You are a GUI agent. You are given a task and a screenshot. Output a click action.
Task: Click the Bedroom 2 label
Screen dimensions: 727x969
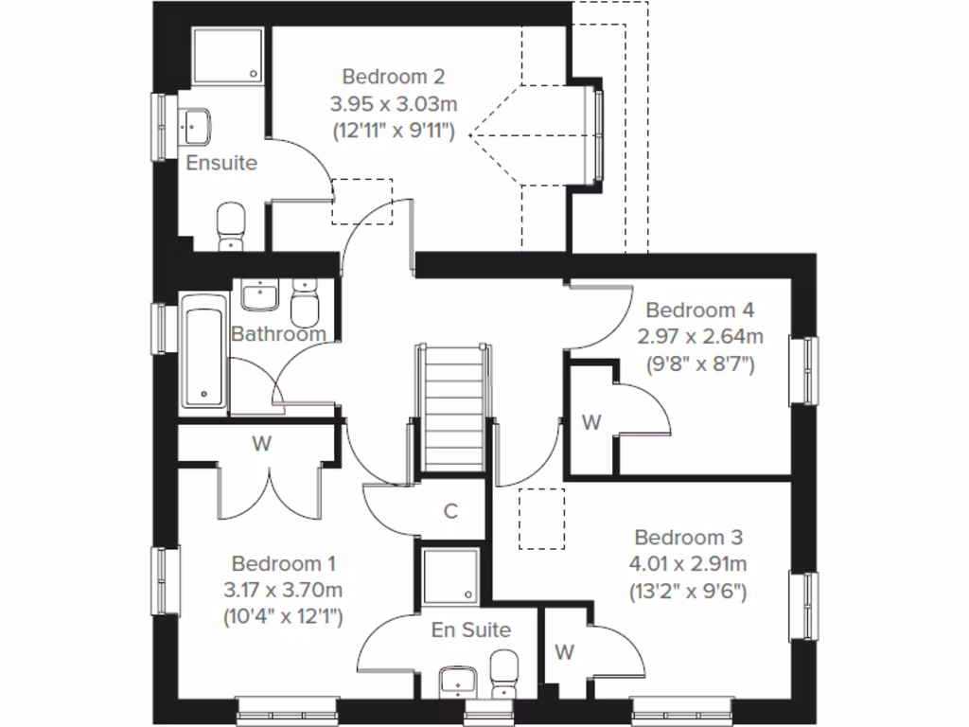(393, 76)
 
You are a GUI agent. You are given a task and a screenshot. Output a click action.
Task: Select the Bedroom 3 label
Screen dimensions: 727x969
(688, 538)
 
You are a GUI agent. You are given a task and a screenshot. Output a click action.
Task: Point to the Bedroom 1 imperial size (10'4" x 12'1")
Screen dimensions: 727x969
(283, 617)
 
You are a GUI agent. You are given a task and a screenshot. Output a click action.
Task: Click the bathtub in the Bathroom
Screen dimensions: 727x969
(203, 352)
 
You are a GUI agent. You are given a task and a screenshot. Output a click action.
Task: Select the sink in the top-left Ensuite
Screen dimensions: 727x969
(196, 123)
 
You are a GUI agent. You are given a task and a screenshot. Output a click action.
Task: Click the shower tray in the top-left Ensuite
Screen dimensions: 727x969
(228, 54)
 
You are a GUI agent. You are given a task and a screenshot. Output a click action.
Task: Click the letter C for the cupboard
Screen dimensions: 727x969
(451, 511)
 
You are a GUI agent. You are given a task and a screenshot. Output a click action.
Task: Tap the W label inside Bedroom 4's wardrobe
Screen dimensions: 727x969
(591, 423)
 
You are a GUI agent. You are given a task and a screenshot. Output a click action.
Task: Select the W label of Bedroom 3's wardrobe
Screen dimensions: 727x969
(565, 652)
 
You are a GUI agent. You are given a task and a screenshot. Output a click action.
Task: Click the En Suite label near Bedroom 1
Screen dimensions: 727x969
(471, 629)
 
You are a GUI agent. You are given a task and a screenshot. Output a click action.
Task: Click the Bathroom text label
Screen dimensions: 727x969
(278, 334)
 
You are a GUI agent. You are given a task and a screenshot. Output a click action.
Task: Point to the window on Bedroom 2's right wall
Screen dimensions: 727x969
(597, 133)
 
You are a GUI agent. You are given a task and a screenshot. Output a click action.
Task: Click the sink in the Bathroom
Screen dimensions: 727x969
(256, 295)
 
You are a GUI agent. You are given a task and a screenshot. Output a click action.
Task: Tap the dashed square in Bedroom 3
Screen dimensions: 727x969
(542, 518)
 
